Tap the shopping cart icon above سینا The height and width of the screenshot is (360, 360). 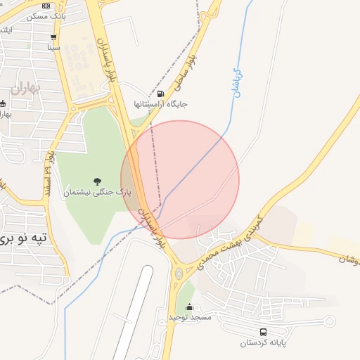(54, 37)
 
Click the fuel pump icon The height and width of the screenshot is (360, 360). (161, 94)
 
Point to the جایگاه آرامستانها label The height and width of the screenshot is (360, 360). (161, 104)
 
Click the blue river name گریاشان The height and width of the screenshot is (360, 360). (237, 83)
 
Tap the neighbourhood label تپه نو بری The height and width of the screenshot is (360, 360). (24, 238)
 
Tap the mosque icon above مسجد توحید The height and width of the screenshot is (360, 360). (189, 307)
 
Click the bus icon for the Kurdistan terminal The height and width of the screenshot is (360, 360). (263, 332)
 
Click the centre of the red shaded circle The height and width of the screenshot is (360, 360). (180, 180)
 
